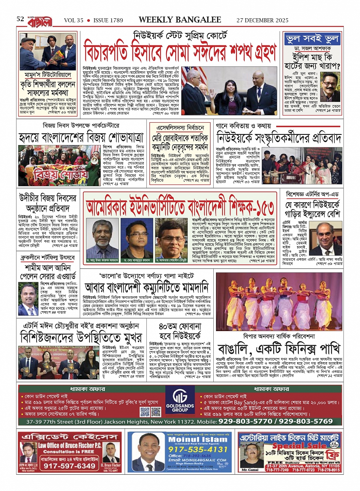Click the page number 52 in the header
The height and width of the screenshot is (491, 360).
(20, 19)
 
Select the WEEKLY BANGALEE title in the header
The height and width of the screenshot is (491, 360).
(180, 20)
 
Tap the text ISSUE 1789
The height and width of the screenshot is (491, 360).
(108, 20)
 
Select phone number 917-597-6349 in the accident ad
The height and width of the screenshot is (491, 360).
(69, 465)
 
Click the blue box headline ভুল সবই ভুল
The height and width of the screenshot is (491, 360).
(312, 39)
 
